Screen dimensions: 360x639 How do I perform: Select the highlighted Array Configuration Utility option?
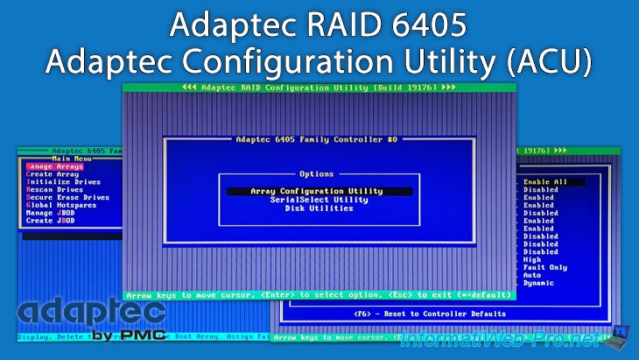(x=316, y=191)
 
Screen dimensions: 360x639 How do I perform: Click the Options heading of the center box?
(x=317, y=174)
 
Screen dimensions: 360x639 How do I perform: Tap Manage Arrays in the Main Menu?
(x=54, y=166)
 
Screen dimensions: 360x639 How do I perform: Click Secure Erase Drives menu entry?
(x=67, y=198)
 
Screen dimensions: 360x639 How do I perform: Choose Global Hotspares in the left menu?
(x=61, y=206)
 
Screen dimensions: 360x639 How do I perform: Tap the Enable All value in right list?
(x=545, y=182)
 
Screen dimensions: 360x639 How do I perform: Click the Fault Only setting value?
(x=545, y=267)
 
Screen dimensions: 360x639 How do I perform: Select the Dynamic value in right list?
(x=540, y=283)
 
